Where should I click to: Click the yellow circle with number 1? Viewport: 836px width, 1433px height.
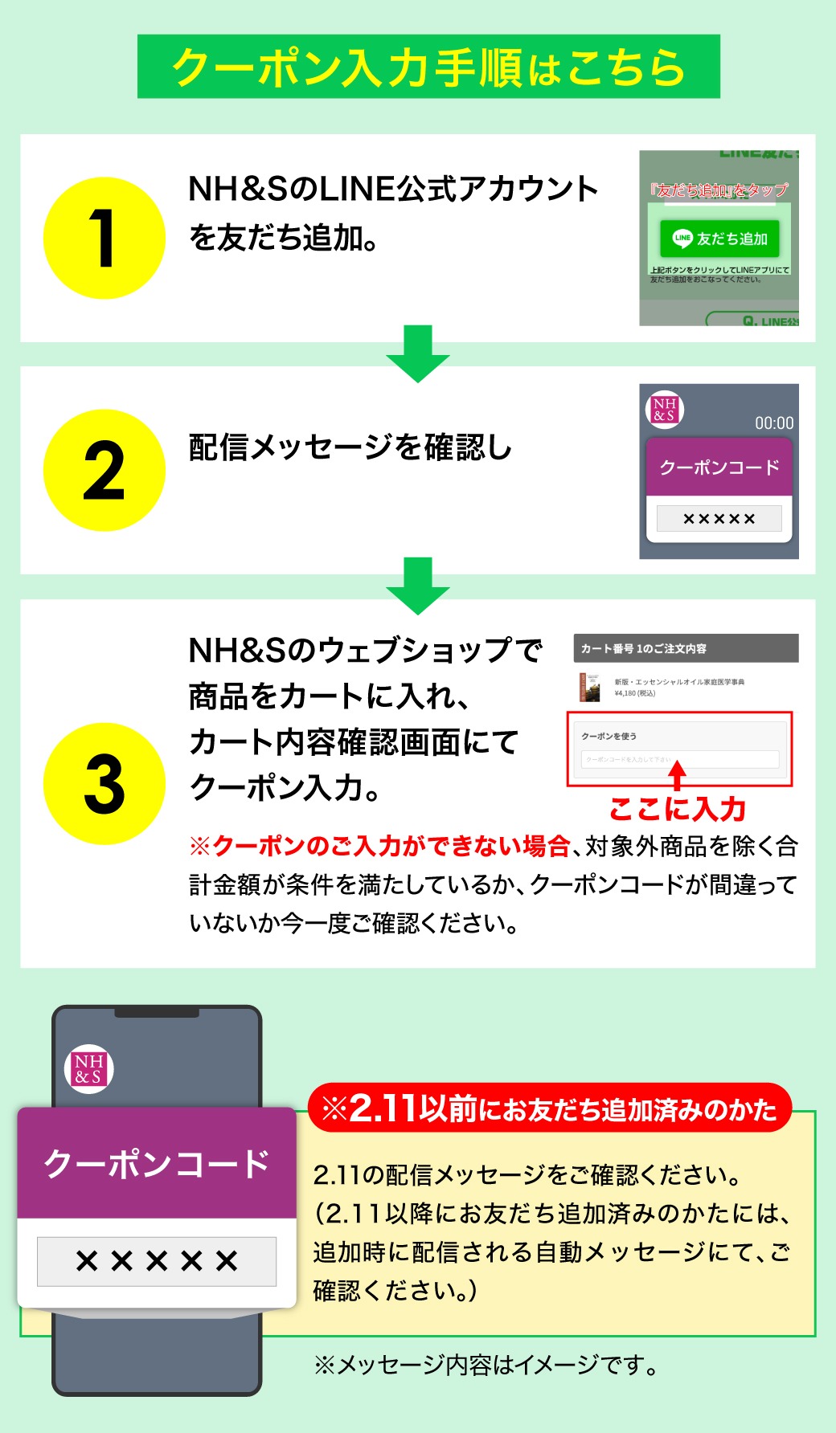(x=104, y=238)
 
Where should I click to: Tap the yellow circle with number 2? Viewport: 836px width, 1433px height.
(x=104, y=470)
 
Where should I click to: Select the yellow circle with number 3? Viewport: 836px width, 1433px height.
(x=104, y=783)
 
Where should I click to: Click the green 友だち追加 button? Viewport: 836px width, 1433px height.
(x=719, y=239)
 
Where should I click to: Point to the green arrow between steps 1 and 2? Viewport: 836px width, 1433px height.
(x=418, y=353)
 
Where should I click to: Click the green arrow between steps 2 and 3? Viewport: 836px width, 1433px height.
(x=418, y=586)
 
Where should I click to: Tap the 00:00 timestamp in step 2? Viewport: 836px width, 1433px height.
(x=773, y=423)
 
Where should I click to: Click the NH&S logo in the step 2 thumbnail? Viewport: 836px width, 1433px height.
(x=664, y=409)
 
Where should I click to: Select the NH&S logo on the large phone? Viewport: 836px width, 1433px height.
(x=88, y=1069)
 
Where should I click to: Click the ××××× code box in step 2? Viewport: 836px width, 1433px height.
(x=719, y=519)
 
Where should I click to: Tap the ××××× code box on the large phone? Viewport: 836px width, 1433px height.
(x=157, y=1261)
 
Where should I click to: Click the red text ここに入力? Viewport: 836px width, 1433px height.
(x=678, y=809)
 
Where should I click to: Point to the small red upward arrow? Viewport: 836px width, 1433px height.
(x=678, y=775)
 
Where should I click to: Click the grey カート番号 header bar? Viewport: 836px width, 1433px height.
(x=686, y=648)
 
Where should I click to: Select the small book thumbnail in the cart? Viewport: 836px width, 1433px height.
(x=590, y=688)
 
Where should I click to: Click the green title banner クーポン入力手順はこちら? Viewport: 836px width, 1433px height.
(x=428, y=67)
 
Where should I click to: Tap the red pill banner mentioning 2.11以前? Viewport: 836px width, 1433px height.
(x=550, y=1108)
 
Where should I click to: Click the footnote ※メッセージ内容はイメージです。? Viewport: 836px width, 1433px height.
(x=486, y=1365)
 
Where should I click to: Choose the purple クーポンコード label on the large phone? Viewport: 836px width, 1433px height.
(x=157, y=1163)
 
